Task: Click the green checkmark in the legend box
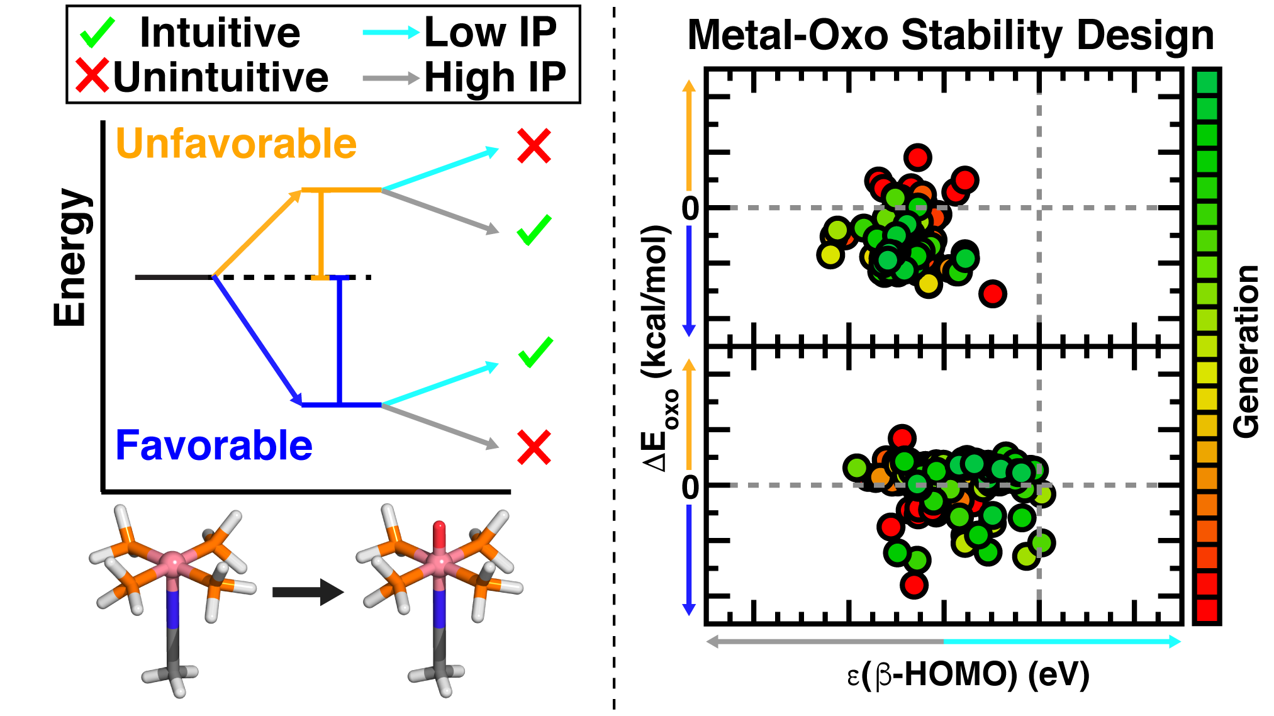pyautogui.click(x=98, y=32)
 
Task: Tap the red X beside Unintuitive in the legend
pyautogui.click(x=92, y=76)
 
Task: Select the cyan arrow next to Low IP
pyautogui.click(x=391, y=32)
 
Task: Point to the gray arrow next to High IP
pyautogui.click(x=391, y=78)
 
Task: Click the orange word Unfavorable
pyautogui.click(x=236, y=144)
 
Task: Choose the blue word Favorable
pyautogui.click(x=214, y=445)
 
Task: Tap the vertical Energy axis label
pyautogui.click(x=70, y=258)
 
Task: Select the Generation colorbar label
pyautogui.click(x=1246, y=351)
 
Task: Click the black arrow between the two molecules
pyautogui.click(x=308, y=592)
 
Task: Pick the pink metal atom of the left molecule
pyautogui.click(x=171, y=559)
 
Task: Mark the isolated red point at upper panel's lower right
pyautogui.click(x=993, y=293)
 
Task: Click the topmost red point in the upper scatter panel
pyautogui.click(x=918, y=157)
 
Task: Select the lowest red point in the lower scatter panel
pyautogui.click(x=914, y=585)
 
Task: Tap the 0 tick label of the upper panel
pyautogui.click(x=690, y=208)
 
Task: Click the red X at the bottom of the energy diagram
pyautogui.click(x=534, y=447)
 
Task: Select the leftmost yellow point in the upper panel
pyautogui.click(x=830, y=255)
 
